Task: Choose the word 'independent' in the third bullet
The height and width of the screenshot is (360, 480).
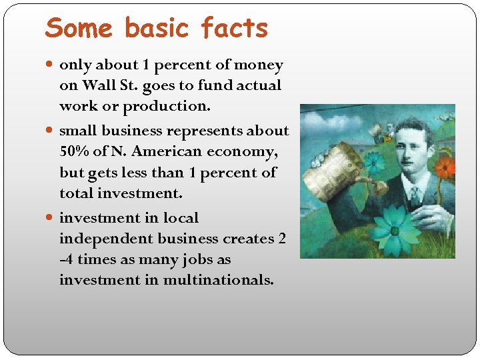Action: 102,239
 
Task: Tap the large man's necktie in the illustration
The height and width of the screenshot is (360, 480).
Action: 415,195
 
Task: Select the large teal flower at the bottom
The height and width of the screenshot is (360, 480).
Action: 394,231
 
